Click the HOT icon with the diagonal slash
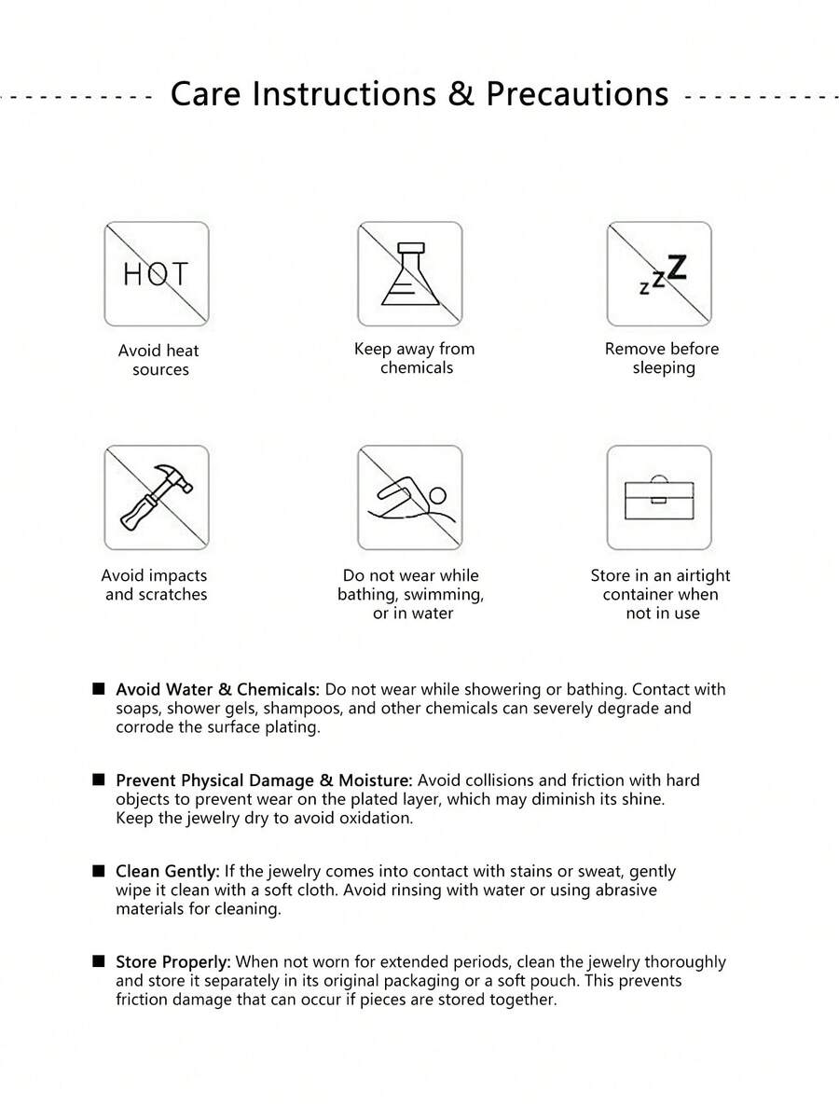coord(156,274)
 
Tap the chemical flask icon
coord(409,274)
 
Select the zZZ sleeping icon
coord(659,274)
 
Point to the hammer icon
coord(156,497)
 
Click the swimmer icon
coord(409,497)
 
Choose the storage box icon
coord(659,497)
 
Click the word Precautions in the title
coord(577,94)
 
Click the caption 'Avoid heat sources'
coord(159,360)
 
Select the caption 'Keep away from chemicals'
coord(415,358)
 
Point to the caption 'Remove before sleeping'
coord(662,358)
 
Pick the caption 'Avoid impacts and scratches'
coord(155,585)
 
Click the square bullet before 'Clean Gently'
coord(98,870)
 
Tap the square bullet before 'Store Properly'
coord(98,960)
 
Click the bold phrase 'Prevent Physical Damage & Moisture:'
coord(264,780)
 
